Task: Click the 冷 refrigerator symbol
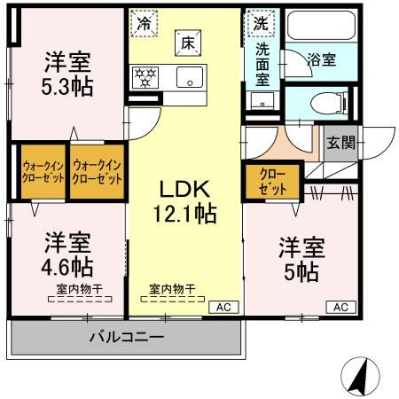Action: [144, 24]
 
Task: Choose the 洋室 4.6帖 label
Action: [68, 254]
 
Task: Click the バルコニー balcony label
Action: [126, 338]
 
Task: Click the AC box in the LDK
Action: [223, 307]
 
